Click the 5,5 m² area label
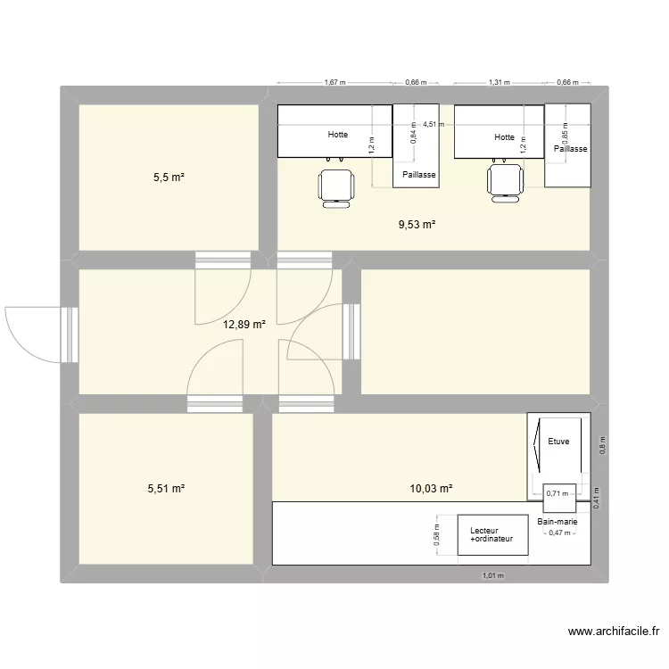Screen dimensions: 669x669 coord(169,178)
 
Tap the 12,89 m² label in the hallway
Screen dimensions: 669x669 coord(244,326)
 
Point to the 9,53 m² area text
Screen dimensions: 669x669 coord(417,225)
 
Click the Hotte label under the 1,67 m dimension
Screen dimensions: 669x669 coord(337,136)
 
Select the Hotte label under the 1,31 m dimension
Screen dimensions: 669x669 coord(504,137)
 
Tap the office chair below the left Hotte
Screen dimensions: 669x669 coord(334,188)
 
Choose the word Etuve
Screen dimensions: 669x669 coord(558,442)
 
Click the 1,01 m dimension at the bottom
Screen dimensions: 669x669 coord(492,575)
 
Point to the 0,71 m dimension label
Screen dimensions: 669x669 coord(557,492)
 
